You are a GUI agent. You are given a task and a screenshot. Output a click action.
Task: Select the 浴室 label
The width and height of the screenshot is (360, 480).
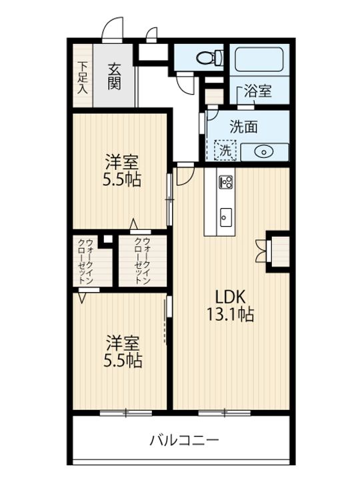click(257, 92)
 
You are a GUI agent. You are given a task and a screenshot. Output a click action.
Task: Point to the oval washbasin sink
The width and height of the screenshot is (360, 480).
click(264, 151)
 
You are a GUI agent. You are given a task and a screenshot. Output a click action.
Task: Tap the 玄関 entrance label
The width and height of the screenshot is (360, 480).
click(114, 76)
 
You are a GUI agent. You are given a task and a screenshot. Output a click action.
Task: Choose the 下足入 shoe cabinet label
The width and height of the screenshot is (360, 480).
click(82, 77)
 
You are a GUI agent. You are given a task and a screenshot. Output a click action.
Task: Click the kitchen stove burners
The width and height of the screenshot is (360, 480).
click(225, 181)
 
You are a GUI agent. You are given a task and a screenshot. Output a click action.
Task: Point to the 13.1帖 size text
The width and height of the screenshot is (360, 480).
click(233, 315)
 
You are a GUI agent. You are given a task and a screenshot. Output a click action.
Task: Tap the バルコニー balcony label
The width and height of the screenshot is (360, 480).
click(183, 440)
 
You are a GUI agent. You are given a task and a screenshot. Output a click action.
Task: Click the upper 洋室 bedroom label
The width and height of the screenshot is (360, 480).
click(122, 161)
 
